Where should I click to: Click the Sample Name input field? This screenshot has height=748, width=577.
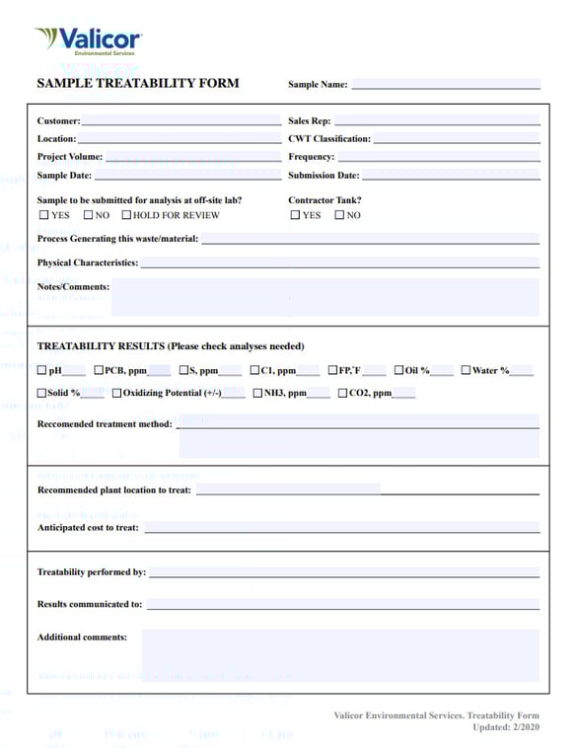[446, 84]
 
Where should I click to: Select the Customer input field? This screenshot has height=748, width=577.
[181, 120]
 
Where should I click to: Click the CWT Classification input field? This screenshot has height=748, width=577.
[457, 139]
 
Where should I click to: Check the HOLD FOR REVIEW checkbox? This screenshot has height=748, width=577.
[126, 215]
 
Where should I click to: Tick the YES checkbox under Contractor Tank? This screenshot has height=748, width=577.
[295, 215]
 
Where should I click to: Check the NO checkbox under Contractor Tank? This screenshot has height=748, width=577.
[339, 215]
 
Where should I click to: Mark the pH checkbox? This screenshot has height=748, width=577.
[42, 371]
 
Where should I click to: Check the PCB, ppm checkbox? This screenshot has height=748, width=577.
[98, 371]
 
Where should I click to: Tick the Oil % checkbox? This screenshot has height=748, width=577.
[398, 371]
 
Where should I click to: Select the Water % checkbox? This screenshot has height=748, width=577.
[466, 371]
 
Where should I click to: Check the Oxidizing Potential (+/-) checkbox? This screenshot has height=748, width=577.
[116, 393]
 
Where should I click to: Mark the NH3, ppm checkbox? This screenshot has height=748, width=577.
[256, 393]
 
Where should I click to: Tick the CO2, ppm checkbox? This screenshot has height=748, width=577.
[342, 393]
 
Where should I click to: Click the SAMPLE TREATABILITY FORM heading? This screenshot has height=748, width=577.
[138, 84]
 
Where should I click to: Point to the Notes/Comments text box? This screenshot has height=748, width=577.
[325, 297]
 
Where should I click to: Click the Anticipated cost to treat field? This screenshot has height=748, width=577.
[342, 527]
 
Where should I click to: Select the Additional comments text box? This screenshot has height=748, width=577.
[340, 655]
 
